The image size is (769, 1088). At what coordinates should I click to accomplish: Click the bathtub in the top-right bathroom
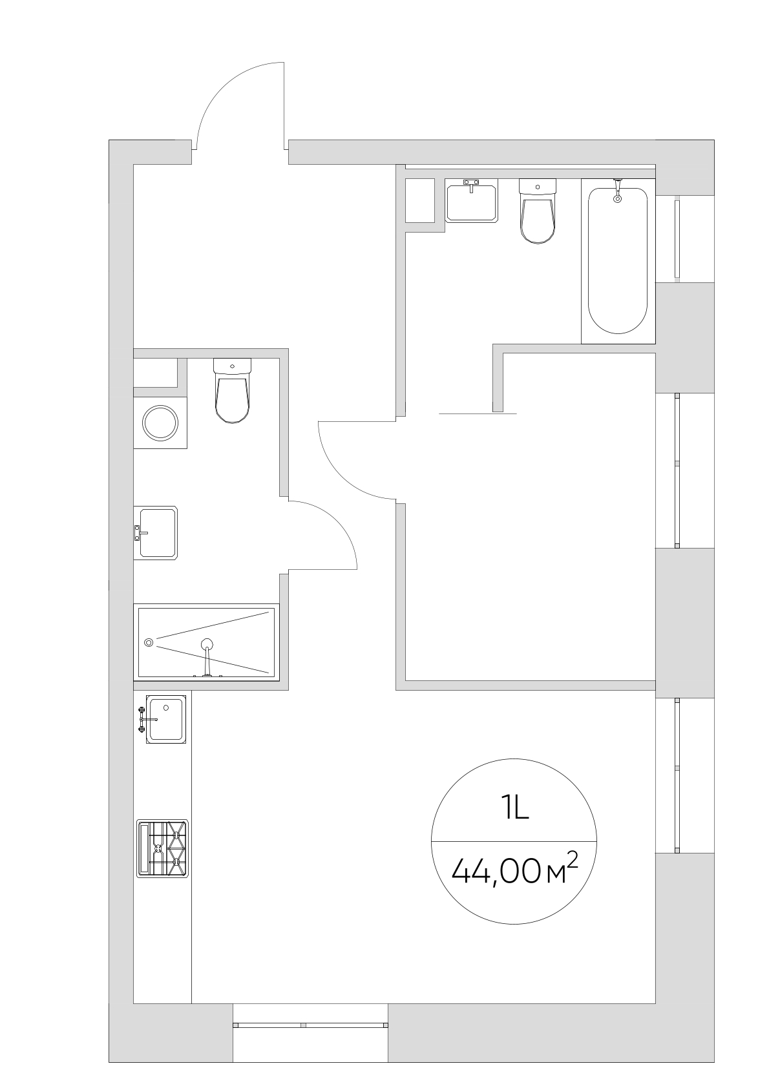[x=618, y=261]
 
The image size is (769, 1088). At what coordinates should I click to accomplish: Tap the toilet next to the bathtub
[x=537, y=211]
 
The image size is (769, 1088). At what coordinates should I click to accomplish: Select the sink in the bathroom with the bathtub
[x=471, y=200]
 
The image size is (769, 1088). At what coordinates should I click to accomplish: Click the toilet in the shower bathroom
[x=233, y=390]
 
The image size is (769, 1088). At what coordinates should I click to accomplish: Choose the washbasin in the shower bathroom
[x=156, y=533]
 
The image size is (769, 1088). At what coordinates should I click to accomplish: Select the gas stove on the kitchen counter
[x=162, y=848]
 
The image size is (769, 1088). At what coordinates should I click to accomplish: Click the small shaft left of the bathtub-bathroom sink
[x=420, y=200]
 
